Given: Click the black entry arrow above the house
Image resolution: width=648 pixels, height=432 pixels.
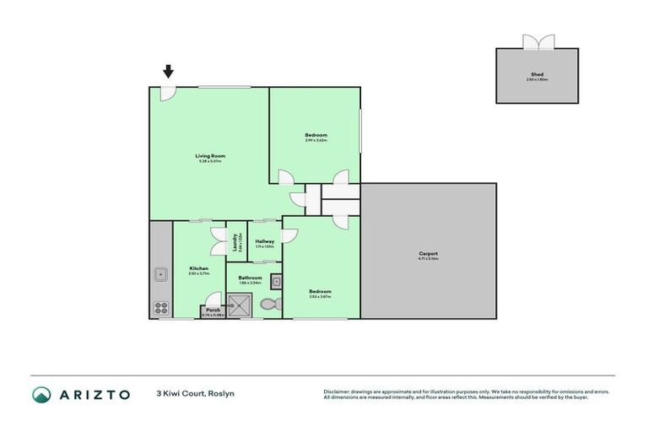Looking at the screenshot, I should [169, 72].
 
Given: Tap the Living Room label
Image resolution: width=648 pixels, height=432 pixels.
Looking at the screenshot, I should [210, 155].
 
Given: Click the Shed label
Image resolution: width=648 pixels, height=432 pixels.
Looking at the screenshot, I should [537, 74].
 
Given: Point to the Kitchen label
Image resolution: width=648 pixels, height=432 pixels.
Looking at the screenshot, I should [198, 269].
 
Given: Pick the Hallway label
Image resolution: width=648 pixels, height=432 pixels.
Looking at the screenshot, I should [265, 241].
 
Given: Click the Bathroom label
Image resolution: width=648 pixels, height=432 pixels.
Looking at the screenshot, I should [250, 278].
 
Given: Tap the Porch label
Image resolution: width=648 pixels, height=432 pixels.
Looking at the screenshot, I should [213, 310].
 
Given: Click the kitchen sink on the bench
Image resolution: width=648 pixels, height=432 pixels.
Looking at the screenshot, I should [159, 273].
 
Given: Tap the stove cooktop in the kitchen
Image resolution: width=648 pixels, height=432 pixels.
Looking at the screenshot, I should [160, 306].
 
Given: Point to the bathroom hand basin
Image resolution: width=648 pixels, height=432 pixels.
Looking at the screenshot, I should [275, 282].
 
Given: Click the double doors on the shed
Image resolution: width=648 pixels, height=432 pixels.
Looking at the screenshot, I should [537, 41].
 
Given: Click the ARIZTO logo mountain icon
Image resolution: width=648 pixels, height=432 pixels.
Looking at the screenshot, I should [42, 394].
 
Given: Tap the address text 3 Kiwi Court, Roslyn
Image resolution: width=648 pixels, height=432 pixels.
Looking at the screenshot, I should [195, 394].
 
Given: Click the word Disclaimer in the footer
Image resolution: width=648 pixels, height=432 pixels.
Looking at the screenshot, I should [338, 391].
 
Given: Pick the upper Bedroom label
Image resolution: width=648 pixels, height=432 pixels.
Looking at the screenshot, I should [316, 135].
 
